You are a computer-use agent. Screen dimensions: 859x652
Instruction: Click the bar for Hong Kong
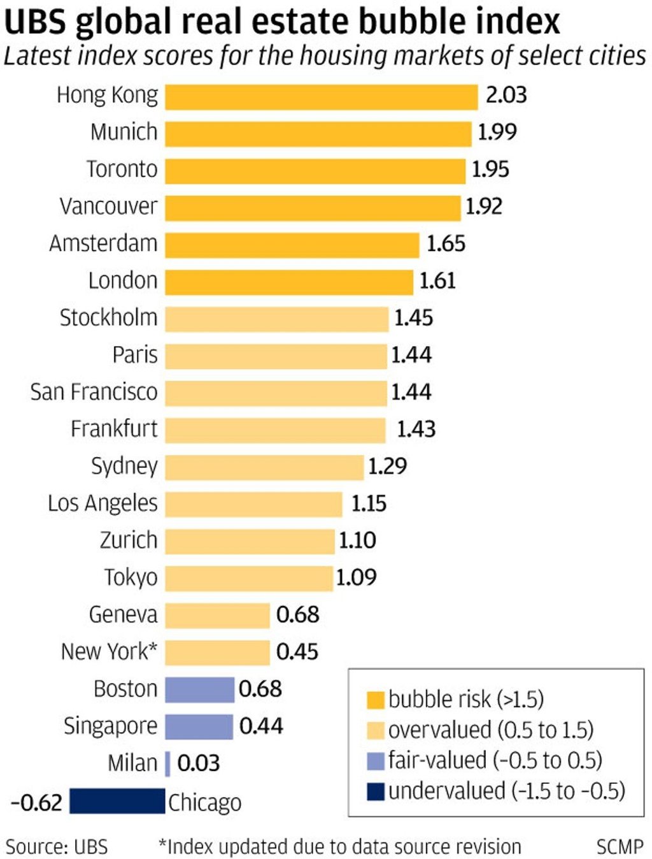tap(322, 97)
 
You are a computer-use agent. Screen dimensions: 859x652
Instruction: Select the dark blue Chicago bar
tap(117, 801)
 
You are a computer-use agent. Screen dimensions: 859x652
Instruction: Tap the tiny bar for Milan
tap(167, 763)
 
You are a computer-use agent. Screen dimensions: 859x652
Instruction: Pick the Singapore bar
tap(199, 726)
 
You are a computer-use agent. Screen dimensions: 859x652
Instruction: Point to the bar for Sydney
tap(264, 467)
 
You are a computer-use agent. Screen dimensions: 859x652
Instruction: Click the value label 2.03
tap(506, 95)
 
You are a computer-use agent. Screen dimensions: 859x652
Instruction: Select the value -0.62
tap(36, 802)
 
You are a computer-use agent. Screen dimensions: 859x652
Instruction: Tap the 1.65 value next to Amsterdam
tap(446, 243)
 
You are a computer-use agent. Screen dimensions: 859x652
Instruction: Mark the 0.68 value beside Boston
tap(260, 689)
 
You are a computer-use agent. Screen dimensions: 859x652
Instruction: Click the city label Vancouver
tap(108, 206)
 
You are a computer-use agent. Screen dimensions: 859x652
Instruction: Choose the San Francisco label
tap(94, 392)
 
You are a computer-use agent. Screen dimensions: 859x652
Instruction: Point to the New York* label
tap(109, 652)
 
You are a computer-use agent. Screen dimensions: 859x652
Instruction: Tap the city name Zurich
tap(129, 540)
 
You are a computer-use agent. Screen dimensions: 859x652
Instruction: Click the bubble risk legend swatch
tap(376, 700)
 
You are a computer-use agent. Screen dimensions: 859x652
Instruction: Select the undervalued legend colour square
tap(376, 791)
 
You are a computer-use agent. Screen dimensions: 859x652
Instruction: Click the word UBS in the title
tap(35, 22)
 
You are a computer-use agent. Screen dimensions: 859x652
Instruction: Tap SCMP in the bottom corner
tap(620, 847)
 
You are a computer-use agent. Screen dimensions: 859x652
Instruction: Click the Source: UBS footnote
tap(57, 847)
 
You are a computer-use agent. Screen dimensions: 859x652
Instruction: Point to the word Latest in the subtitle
tap(38, 56)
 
